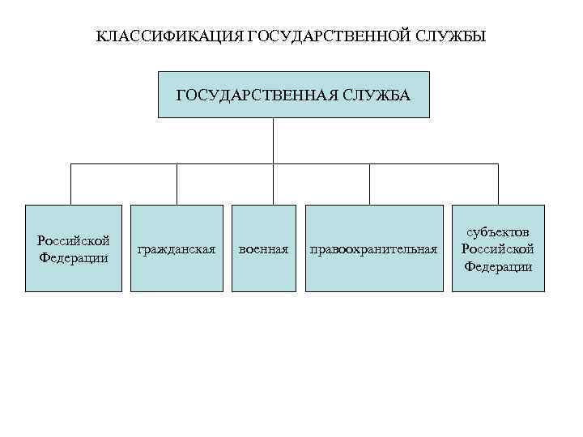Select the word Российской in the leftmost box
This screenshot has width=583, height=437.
pos(74,241)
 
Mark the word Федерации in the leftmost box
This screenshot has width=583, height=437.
pos(74,258)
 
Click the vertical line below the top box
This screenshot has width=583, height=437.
pos(273,141)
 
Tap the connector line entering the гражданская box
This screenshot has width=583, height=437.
pos(177,185)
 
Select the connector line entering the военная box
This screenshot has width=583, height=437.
pos(264,185)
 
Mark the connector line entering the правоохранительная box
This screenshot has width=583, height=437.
pos(370,185)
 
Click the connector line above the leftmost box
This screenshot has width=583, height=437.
pos(71,185)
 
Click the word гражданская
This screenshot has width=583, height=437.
pos(177,249)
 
